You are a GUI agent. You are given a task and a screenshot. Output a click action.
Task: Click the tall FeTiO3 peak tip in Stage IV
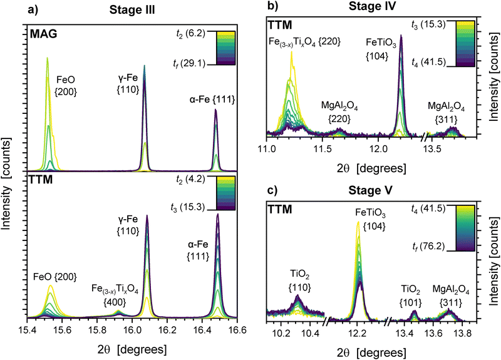pyautogui.click(x=400, y=36)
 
